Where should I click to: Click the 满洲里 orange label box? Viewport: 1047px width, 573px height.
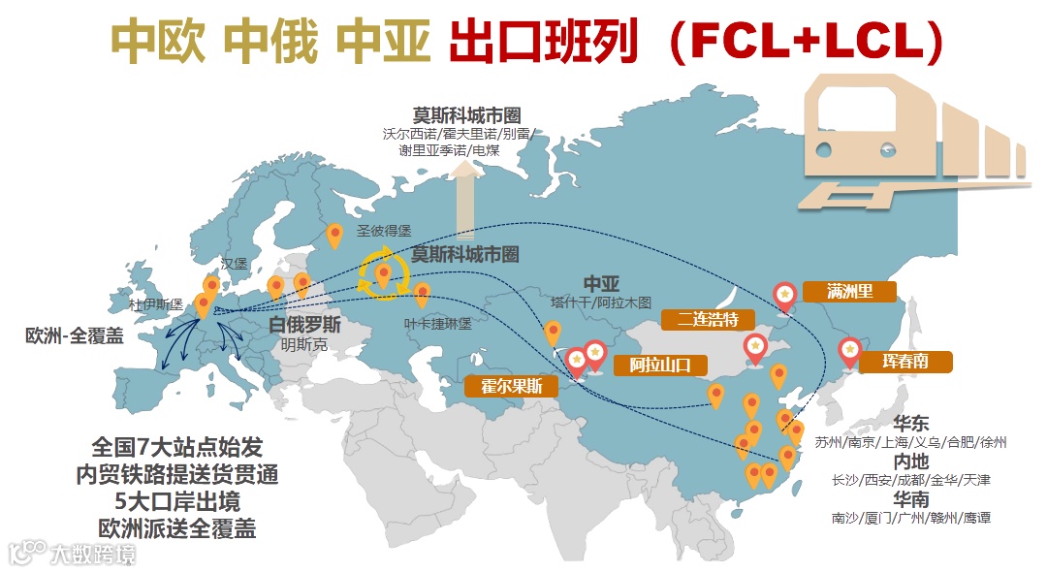pos(849,292)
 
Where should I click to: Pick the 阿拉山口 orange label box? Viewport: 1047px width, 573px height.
pos(661,366)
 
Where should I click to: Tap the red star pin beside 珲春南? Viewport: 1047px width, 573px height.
pos(850,350)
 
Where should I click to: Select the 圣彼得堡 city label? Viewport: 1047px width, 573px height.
pos(384,231)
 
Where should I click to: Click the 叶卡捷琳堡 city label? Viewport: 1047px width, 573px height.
pos(438,325)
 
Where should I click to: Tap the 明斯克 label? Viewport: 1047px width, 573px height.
pos(304,343)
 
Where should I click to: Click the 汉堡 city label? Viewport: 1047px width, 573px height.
pos(235,264)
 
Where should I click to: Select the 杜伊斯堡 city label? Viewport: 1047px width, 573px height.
pos(156,304)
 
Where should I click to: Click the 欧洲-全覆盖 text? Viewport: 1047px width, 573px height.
pos(75,335)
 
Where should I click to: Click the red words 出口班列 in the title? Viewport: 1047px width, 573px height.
pos(544,42)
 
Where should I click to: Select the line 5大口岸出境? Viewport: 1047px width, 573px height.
pos(177,502)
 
